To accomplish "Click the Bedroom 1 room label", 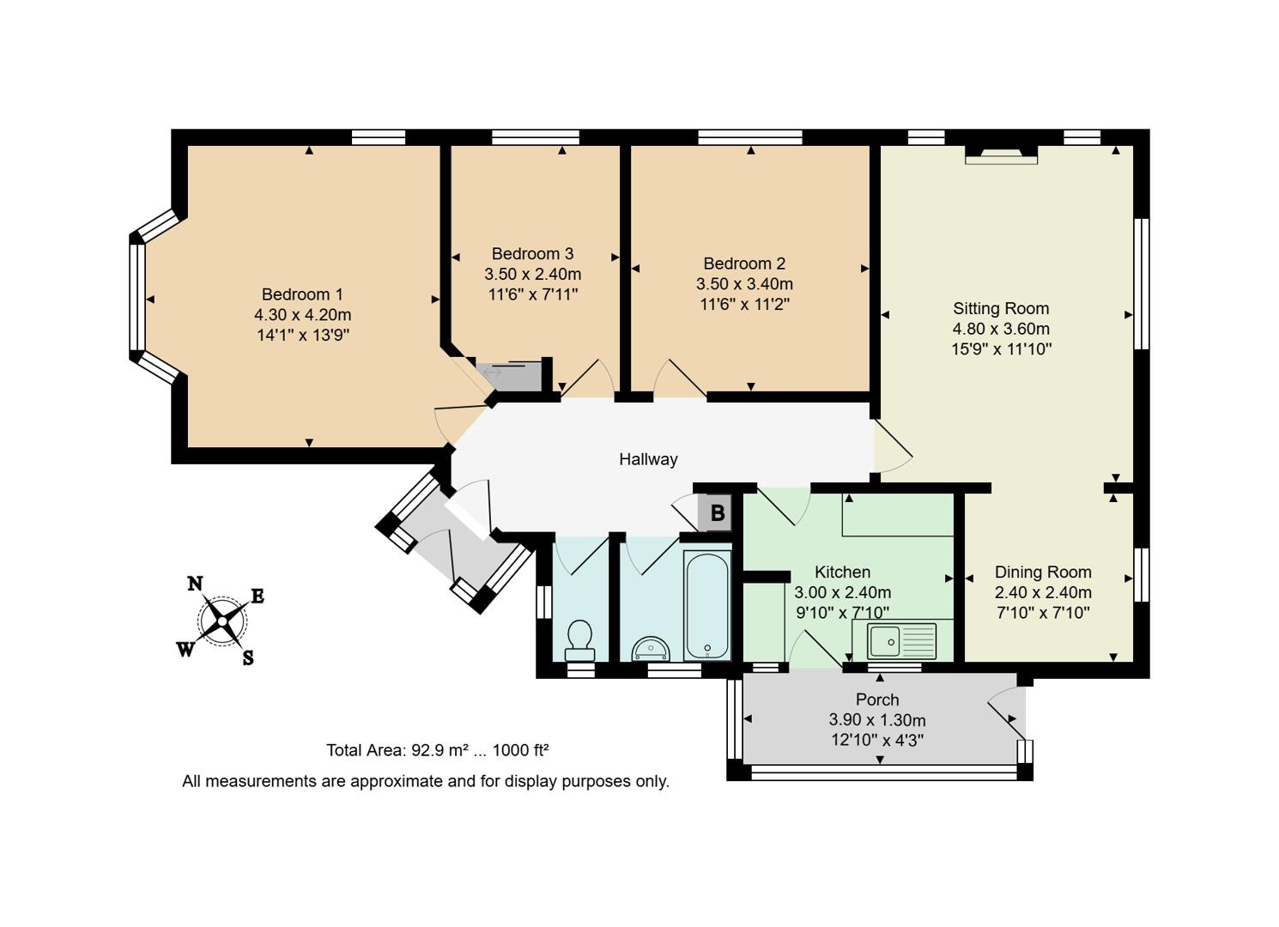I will [x=302, y=294].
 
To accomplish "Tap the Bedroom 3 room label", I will [x=532, y=254].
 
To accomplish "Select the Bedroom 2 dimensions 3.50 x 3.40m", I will [x=744, y=284].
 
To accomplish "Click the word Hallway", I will [x=648, y=459].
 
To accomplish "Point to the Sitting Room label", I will [x=1001, y=308].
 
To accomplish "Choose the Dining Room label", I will [x=1043, y=572].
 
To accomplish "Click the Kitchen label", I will [x=842, y=572].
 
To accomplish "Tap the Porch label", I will [x=877, y=700].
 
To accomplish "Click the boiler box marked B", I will [x=717, y=513].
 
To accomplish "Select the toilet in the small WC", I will [x=580, y=639].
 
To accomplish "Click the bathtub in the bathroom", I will [x=707, y=605].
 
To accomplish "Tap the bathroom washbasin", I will [x=650, y=649].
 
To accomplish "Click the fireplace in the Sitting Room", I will [x=1001, y=154].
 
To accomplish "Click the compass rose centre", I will [x=222, y=619].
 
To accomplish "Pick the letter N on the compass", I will [x=195, y=584].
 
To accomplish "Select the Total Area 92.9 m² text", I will [x=437, y=750].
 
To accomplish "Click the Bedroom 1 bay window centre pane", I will [x=137, y=298].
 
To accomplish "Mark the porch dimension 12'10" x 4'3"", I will [x=877, y=740].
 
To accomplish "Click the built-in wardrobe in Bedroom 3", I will [x=510, y=374].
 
